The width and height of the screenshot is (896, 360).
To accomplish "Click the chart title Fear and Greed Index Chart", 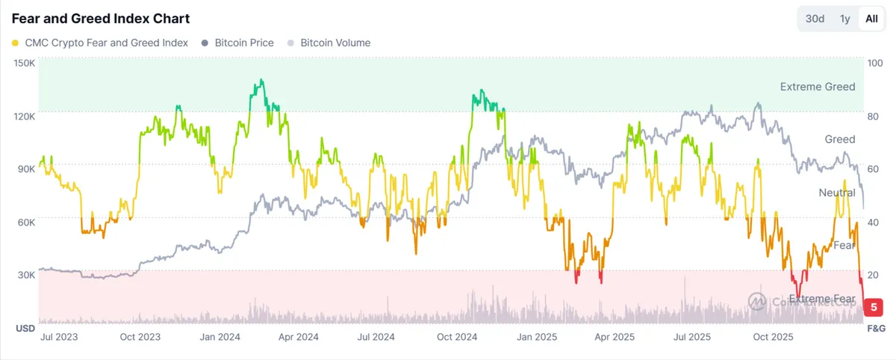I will (101, 19).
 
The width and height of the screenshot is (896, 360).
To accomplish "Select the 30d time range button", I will (815, 19).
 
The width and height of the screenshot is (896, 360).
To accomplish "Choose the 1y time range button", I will (844, 19).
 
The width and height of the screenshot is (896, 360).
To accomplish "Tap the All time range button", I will (871, 19).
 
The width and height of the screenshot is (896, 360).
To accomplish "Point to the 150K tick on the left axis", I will (25, 63).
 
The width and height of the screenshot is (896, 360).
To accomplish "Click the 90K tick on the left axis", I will (25, 169).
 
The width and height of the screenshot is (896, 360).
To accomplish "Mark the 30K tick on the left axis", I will (25, 275).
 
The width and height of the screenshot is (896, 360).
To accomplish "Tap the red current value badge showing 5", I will (874, 306).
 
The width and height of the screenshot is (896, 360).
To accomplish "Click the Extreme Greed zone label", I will (818, 87).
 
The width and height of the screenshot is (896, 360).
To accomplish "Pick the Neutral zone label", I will (837, 193).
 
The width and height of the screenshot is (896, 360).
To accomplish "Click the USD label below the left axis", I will (25, 329).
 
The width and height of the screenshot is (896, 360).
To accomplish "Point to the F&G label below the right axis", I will (875, 329).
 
